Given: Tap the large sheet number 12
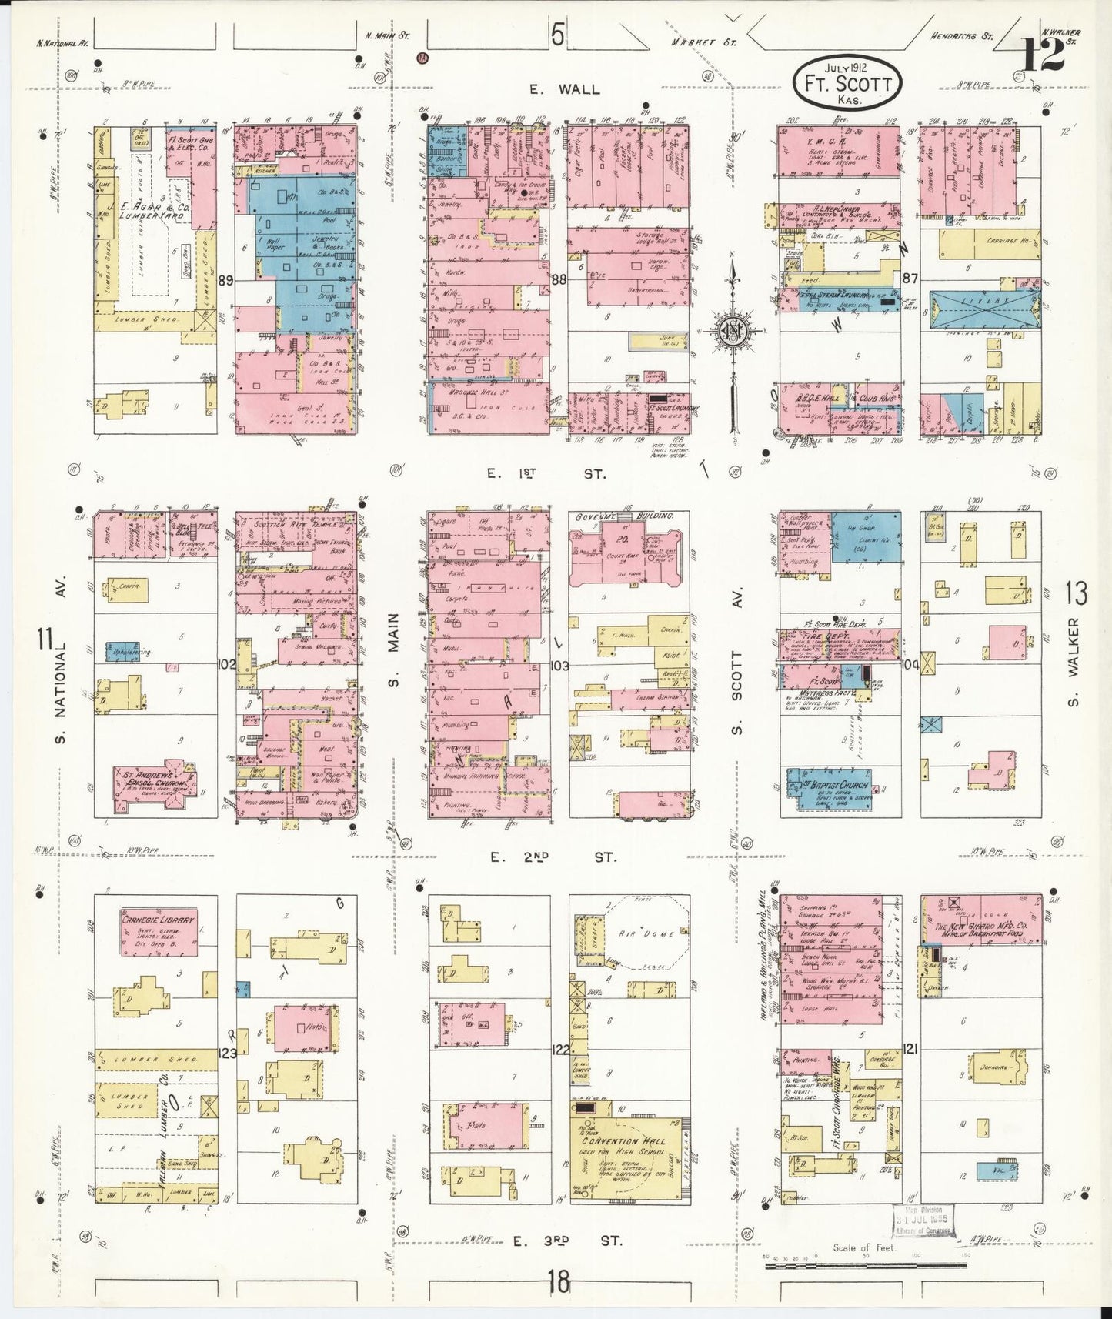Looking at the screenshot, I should (1044, 55).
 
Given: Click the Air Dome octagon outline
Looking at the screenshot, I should (646, 933).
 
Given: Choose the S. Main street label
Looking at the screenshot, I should (392, 653).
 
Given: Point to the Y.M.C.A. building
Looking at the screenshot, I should (839, 152).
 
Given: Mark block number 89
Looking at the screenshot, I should (225, 280).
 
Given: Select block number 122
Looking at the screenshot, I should (560, 1048).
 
